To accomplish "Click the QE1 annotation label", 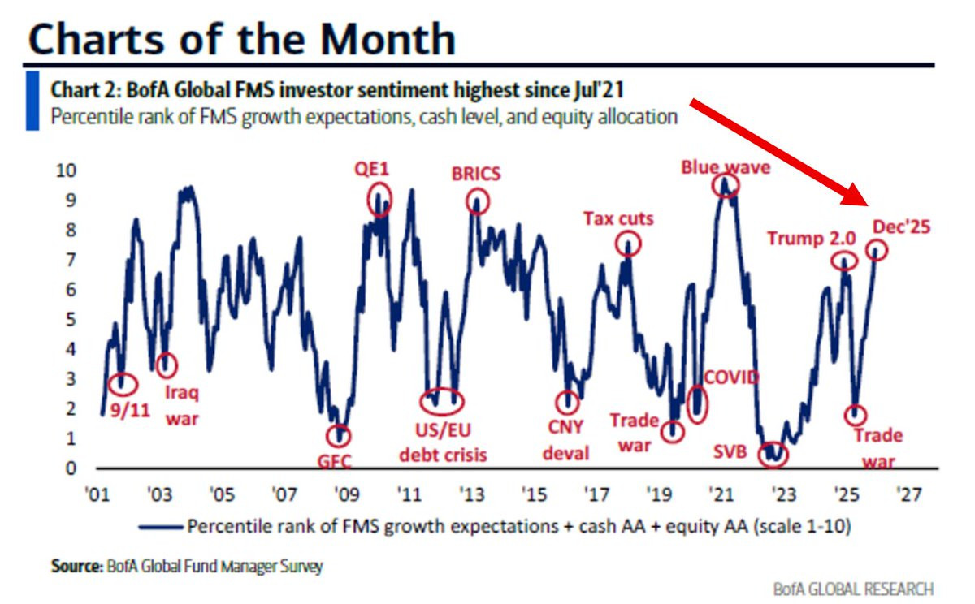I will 373,168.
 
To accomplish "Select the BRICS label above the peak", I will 475,174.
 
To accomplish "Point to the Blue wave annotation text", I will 726,167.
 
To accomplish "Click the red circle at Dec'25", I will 877,250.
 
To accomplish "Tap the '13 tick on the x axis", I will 470,494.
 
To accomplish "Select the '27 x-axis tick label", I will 908,494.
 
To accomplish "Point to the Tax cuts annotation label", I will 618,218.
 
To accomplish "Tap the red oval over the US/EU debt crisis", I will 442,400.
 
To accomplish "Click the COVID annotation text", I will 731,377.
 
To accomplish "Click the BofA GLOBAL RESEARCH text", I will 853,589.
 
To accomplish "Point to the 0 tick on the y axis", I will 71,468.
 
